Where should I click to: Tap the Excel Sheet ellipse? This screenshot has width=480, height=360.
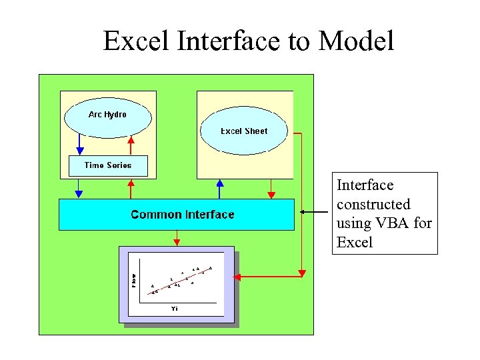[244, 131]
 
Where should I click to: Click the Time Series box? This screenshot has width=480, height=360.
[108, 165]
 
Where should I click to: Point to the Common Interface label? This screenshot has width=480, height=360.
[182, 215]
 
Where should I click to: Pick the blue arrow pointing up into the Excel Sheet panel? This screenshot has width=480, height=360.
[219, 188]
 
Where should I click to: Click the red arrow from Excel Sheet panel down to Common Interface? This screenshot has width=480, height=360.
[271, 189]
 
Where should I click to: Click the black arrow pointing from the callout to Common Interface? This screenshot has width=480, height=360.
[313, 212]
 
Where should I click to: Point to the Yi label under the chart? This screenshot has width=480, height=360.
[175, 309]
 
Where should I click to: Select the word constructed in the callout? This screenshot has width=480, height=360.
[373, 204]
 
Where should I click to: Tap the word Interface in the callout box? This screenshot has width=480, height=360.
[365, 185]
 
